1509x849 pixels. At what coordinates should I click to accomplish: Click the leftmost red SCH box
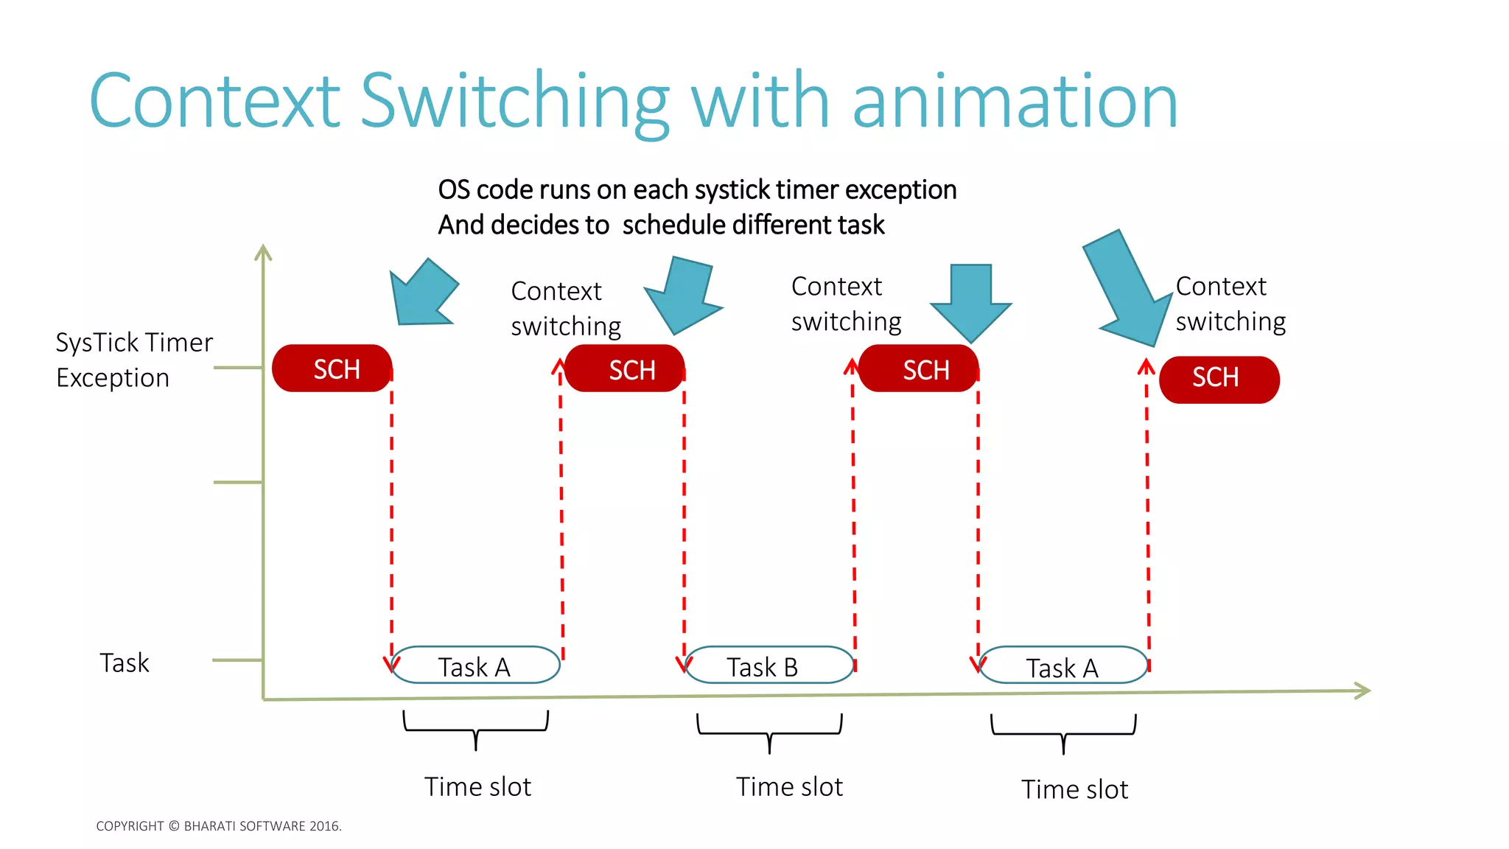coord(332,368)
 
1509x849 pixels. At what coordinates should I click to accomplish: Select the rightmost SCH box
coord(1219,380)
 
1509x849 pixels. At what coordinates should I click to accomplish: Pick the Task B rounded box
coord(768,665)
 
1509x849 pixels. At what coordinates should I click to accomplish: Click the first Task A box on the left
coord(475,665)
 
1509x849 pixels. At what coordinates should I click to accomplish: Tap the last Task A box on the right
coord(1062,666)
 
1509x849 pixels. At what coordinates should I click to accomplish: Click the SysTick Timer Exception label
coord(133,360)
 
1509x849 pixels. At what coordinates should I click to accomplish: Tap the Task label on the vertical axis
coord(125,663)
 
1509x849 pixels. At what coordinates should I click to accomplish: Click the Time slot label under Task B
coord(789,787)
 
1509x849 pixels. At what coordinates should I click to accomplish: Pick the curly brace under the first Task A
coord(476,729)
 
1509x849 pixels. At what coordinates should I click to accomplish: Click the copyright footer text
coord(219,826)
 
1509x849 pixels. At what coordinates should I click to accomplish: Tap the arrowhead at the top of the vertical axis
coord(263,253)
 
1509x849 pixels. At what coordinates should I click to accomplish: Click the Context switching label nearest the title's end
coord(1230,304)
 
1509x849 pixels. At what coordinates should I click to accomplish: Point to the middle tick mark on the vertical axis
coord(238,482)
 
